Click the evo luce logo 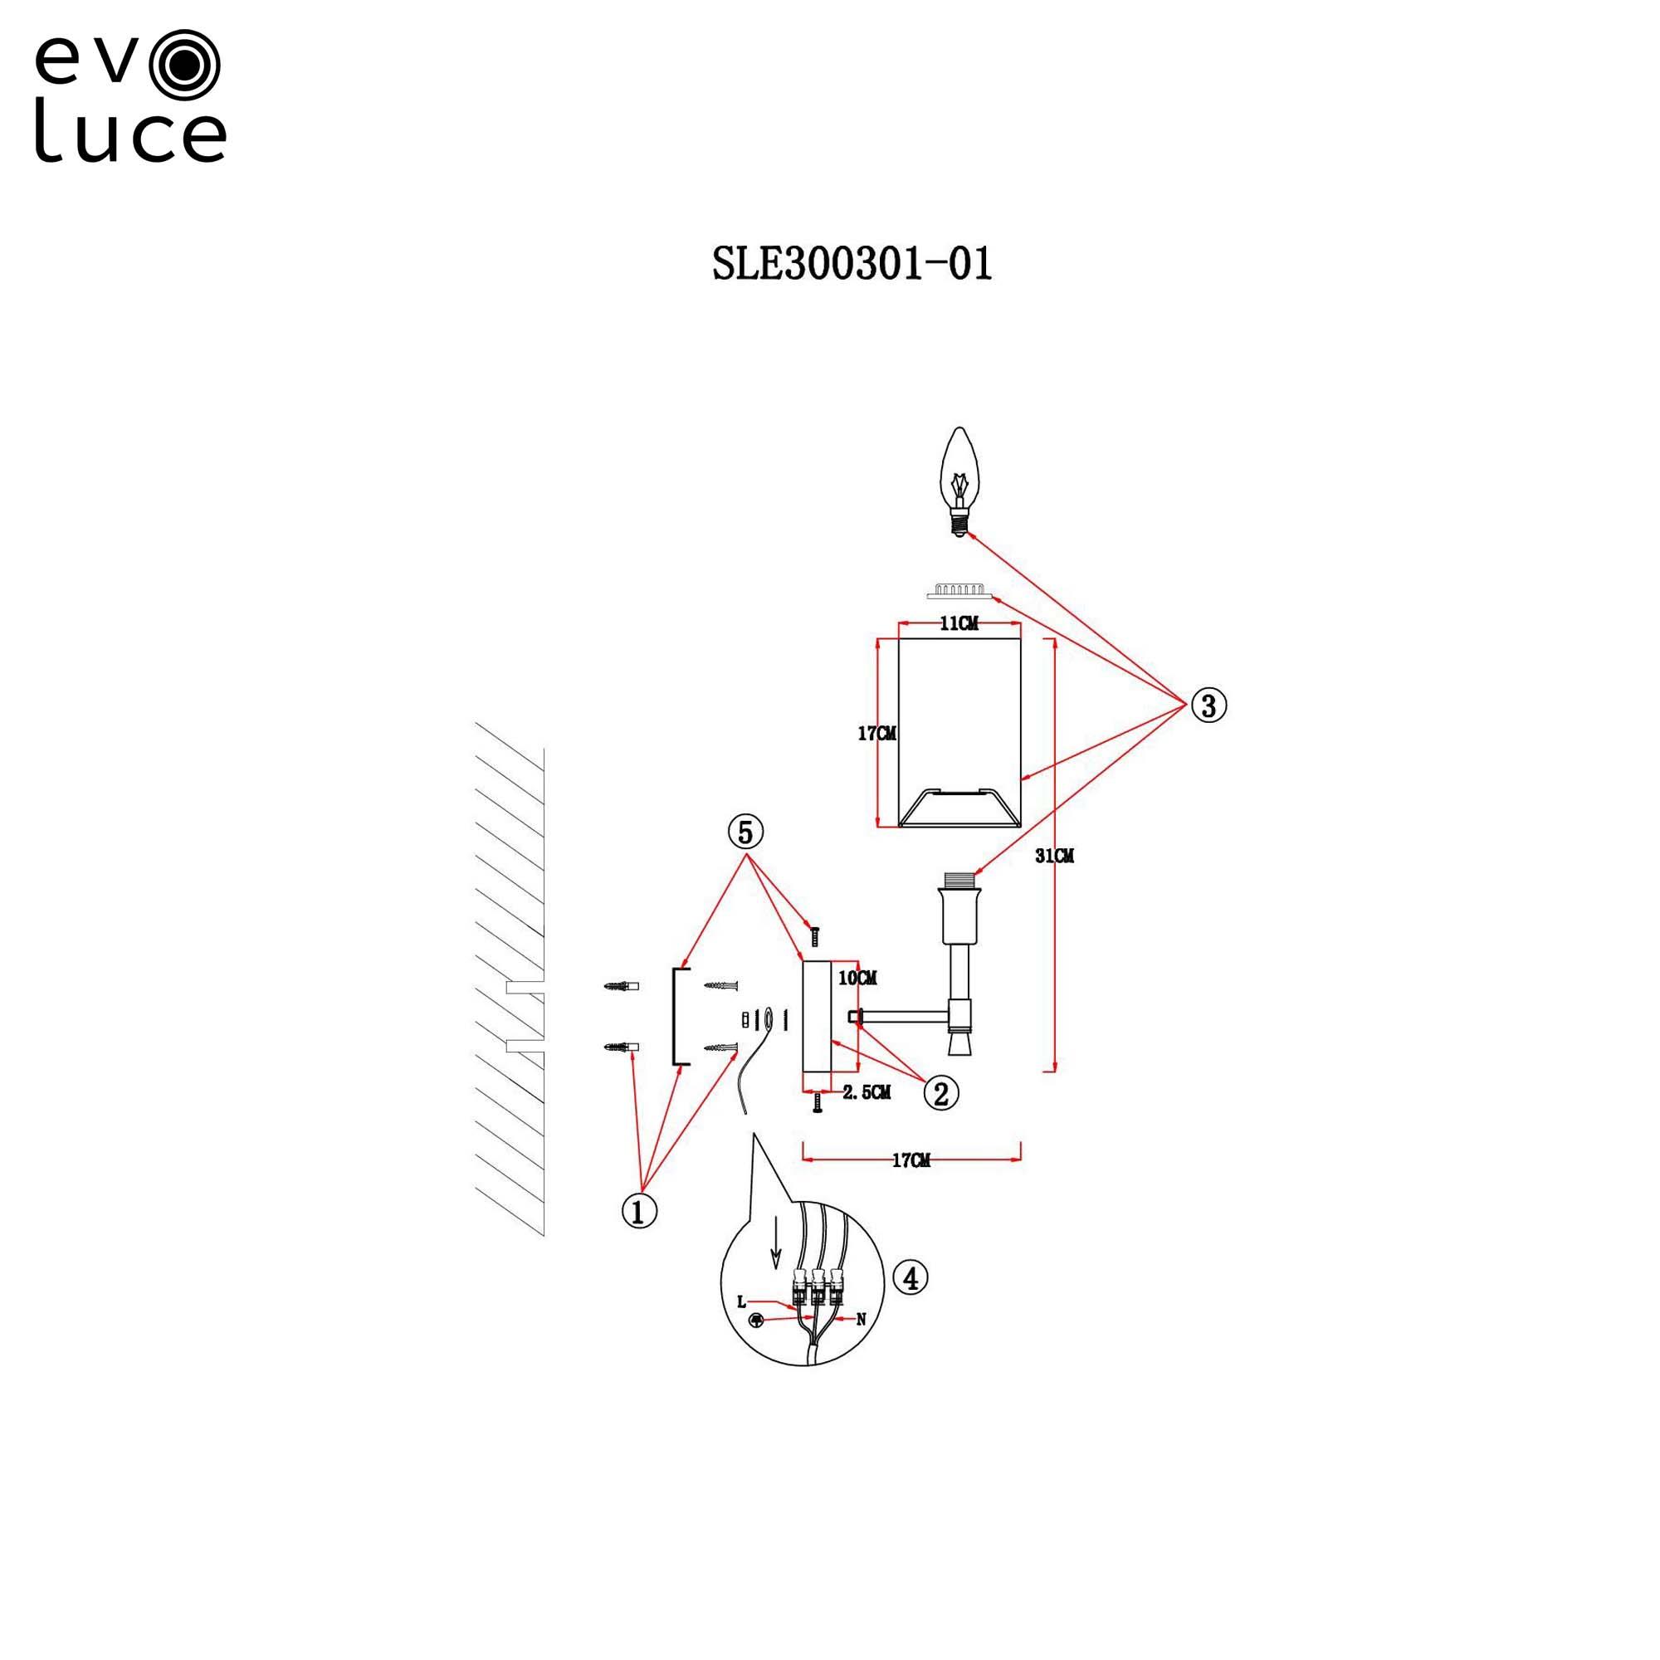pos(129,96)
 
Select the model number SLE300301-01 pos(852,264)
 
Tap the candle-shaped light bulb pos(959,481)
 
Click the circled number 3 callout pos(1208,705)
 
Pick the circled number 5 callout pos(745,832)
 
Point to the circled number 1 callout pos(638,1212)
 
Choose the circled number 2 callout pos(941,1094)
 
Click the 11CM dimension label pos(958,624)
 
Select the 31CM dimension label pos(1054,856)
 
